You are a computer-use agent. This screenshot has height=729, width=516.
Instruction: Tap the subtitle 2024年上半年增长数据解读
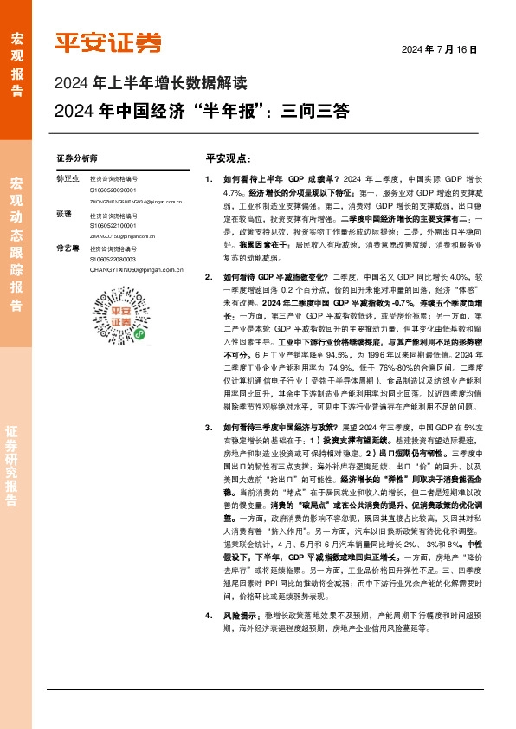pyautogui.click(x=151, y=85)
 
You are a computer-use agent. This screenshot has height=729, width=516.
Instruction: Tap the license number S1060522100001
pyautogui.click(x=116, y=224)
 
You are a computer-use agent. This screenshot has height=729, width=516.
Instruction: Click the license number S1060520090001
pyautogui.click(x=116, y=189)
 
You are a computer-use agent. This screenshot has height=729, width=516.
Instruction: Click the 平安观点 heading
pyautogui.click(x=228, y=159)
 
